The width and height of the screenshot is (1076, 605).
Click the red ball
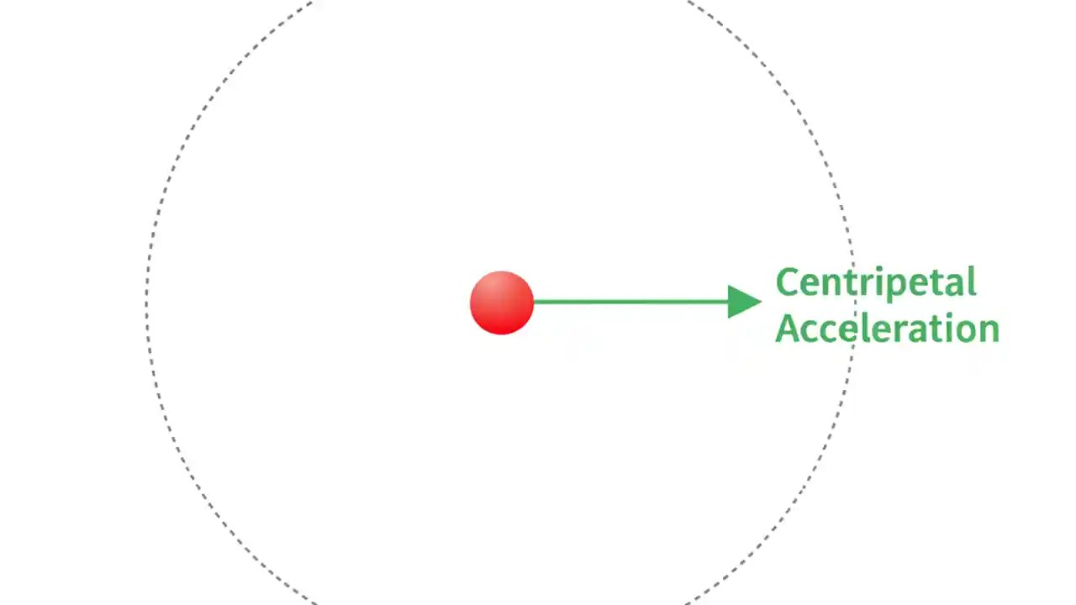(502, 302)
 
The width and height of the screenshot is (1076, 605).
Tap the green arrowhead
(743, 302)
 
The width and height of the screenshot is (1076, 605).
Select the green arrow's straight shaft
(630, 302)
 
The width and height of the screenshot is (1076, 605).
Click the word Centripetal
(875, 283)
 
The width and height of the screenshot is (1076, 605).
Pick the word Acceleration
(887, 328)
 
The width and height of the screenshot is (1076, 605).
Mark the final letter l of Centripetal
(972, 281)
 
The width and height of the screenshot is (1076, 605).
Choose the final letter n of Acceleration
(988, 330)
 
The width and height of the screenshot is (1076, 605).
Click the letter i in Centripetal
(881, 282)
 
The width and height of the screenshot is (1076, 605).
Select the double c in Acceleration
(820, 330)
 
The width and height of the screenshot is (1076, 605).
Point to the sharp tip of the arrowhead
(761, 302)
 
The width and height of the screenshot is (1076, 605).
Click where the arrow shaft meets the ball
(534, 302)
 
